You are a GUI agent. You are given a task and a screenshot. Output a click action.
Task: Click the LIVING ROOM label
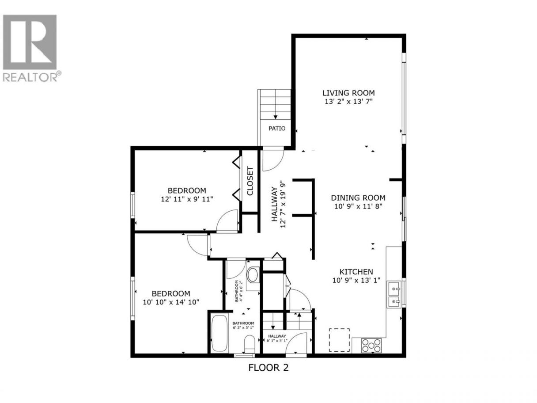click(x=348, y=93)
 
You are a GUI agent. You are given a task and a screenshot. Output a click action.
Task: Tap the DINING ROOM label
click(x=358, y=198)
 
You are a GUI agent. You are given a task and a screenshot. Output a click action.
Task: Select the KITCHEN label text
click(x=356, y=272)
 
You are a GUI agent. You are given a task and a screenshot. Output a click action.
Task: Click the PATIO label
click(x=277, y=129)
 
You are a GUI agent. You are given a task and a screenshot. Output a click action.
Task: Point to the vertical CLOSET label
click(x=250, y=181)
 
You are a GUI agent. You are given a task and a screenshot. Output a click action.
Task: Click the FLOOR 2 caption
click(x=268, y=374)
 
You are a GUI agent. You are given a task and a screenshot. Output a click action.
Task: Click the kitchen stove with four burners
click(x=371, y=346)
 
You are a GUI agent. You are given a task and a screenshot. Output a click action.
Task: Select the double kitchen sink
click(x=393, y=295)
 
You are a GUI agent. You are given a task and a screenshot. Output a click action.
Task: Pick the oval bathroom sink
click(x=253, y=275)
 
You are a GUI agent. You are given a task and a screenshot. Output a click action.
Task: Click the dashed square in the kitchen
click(x=339, y=340)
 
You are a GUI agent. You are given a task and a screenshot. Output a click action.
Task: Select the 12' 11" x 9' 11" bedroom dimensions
click(x=187, y=199)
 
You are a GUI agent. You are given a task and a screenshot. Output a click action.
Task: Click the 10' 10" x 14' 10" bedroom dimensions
click(x=171, y=302)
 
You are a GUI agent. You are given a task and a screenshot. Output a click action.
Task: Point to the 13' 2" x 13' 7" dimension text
click(x=348, y=102)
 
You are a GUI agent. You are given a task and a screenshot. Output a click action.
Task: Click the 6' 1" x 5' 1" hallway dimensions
click(x=277, y=341)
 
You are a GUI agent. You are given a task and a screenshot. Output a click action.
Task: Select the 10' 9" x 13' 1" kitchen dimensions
click(x=356, y=281)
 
